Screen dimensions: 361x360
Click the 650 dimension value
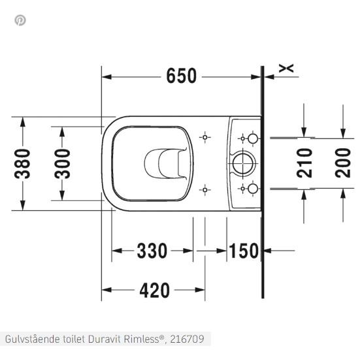(181, 76)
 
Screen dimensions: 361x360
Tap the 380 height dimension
(24, 164)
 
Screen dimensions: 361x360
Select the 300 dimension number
(63, 163)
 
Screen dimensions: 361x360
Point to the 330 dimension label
(152, 250)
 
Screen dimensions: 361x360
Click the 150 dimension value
(244, 250)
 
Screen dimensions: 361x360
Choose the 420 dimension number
(154, 290)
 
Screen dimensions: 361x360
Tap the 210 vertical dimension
(304, 163)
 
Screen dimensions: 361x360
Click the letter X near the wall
(286, 68)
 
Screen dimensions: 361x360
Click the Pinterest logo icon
(20, 20)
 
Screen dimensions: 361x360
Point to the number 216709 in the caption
(188, 339)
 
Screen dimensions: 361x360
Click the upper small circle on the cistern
(252, 138)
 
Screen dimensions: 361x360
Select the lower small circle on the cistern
(252, 189)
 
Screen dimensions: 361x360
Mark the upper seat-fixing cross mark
(206, 138)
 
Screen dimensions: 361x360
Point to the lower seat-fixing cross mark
(206, 189)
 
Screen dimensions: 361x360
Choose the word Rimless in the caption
(146, 339)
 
